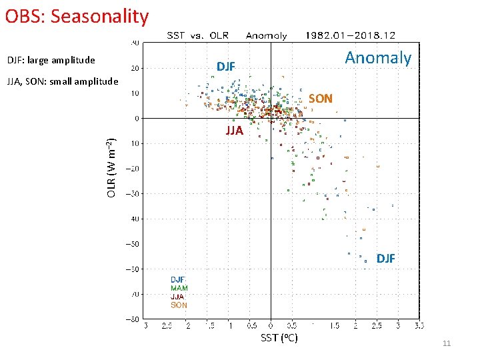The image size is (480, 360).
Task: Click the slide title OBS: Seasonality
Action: (x=77, y=15)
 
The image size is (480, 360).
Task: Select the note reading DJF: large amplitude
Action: (x=51, y=61)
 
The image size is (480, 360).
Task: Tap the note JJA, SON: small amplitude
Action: (x=62, y=82)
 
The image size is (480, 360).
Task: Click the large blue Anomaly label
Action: (x=378, y=58)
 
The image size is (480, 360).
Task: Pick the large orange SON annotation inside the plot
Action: (x=320, y=99)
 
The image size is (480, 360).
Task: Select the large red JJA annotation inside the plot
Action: (x=234, y=131)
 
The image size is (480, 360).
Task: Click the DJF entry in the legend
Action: (x=178, y=280)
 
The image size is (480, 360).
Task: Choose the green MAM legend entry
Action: (x=179, y=289)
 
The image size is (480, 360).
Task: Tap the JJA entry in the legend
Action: (x=177, y=297)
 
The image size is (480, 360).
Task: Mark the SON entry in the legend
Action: (x=179, y=305)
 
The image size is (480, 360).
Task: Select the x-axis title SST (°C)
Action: (x=279, y=338)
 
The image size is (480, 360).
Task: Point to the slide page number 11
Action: (x=447, y=343)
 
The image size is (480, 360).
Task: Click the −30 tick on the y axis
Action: (x=134, y=194)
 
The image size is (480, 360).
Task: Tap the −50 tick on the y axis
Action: (x=134, y=244)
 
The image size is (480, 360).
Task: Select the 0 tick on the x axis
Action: (x=271, y=326)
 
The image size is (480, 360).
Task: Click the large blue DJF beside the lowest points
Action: (x=385, y=258)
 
